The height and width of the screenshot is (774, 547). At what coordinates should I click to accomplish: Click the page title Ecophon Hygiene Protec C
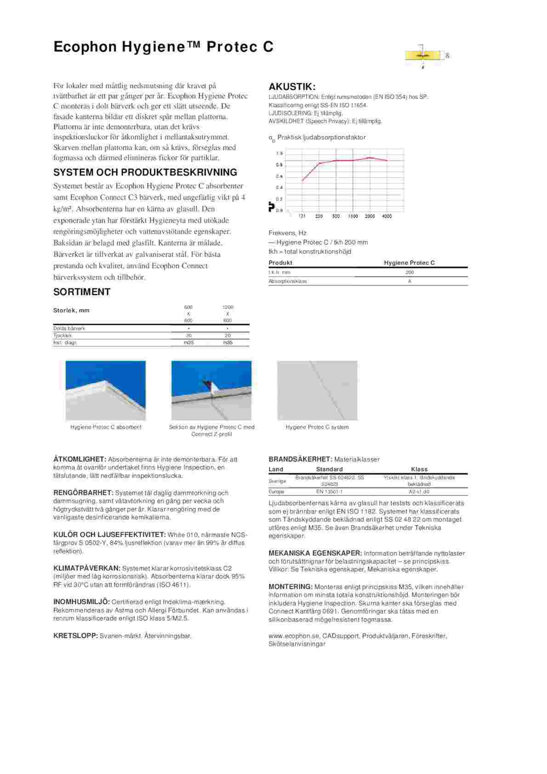coord(163,47)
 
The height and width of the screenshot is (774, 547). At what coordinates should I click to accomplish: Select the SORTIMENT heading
coord(82,292)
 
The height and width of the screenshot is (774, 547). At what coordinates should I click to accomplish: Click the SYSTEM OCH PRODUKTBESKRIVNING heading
coord(145,172)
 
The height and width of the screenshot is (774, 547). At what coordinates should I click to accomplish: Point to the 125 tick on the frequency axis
coord(302,216)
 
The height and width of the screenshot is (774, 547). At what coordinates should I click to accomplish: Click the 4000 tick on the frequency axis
coord(387,216)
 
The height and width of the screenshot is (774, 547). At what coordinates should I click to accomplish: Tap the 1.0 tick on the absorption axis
coord(279,153)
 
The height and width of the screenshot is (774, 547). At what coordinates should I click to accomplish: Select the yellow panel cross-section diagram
coord(422,55)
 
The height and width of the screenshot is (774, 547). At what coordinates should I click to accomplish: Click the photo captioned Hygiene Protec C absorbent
coord(106,390)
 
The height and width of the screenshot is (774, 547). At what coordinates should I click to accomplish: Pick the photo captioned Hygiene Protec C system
coord(317,390)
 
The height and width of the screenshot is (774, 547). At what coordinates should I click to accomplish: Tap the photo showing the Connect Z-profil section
coord(211,390)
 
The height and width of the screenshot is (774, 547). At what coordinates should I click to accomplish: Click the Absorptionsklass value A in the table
coord(410,281)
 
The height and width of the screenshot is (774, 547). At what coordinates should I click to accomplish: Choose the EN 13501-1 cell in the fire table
coord(329,492)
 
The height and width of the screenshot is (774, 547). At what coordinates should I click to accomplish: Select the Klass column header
coord(419,469)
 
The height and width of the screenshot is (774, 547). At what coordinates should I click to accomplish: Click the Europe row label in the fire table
coord(277,492)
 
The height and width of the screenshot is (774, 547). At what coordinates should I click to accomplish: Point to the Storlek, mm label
coord(71,310)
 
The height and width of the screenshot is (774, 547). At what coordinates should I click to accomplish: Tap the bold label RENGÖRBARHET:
coord(83,493)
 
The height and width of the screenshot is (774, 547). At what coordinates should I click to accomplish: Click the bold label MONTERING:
coord(291,587)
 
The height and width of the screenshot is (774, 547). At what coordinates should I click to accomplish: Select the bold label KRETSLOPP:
coord(75,636)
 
